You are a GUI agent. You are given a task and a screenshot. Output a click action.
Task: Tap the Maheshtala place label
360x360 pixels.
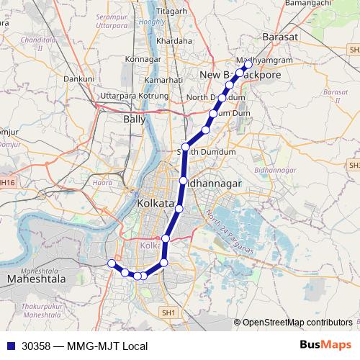pos(36,278)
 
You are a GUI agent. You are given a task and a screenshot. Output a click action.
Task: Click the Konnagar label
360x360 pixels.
pos(143,58)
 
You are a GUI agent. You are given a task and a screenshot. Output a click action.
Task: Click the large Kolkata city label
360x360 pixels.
pos(156,204)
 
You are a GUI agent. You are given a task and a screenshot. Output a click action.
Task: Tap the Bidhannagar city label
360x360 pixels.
pos(214,184)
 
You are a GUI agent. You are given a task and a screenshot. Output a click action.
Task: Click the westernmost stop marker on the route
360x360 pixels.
pos(111,264)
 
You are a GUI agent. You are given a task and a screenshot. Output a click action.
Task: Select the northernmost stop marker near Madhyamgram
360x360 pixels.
pos(248,64)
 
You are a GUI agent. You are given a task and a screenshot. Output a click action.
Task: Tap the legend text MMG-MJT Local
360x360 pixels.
pos(107,346)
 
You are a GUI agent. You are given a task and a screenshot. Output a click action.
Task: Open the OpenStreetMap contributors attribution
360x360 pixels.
pos(297,322)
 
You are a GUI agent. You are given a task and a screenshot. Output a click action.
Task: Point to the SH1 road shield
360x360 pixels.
pos(168,313)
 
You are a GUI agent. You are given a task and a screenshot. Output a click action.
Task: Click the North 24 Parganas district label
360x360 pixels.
pos(230,233)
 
